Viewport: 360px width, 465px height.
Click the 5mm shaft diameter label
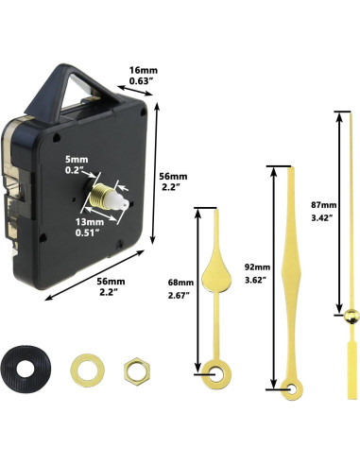[x=77, y=163]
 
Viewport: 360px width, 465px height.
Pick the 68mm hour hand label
[x=180, y=282]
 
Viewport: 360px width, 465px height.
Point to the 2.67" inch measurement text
[x=180, y=295]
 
